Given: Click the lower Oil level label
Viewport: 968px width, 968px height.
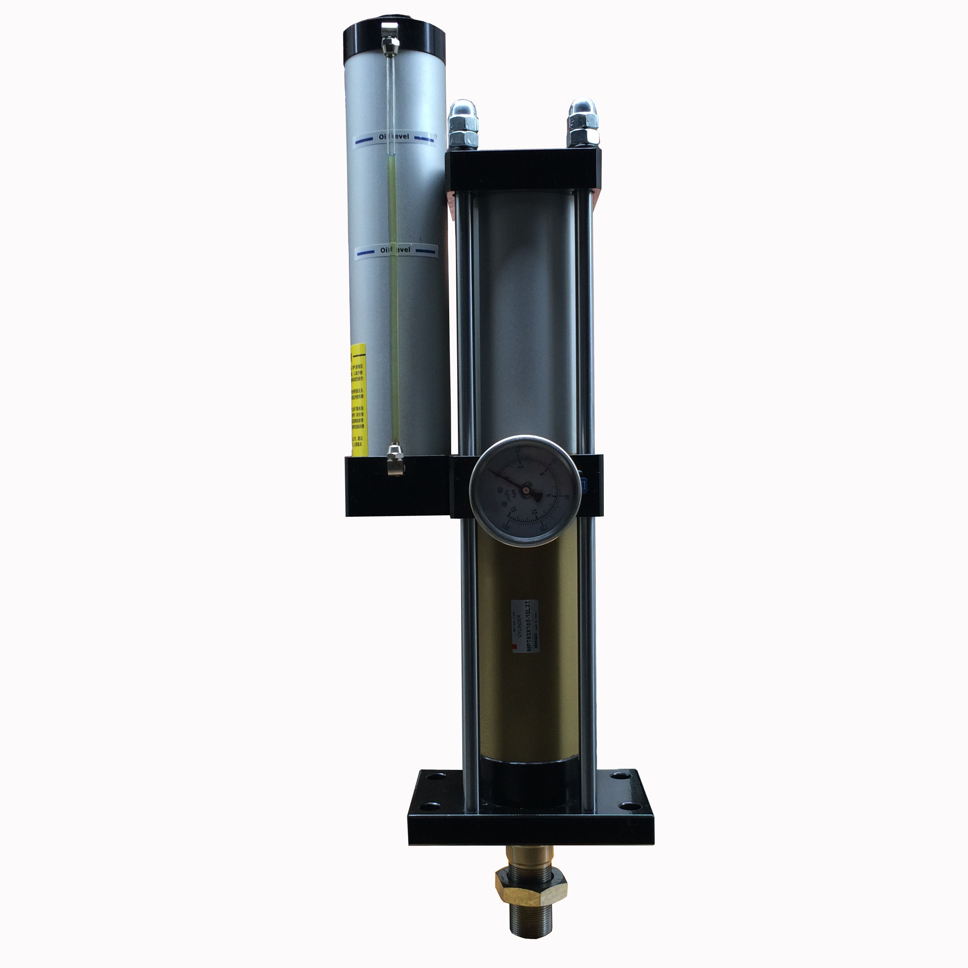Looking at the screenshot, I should (x=396, y=250).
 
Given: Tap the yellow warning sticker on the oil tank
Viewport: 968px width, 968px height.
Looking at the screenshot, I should (x=359, y=399).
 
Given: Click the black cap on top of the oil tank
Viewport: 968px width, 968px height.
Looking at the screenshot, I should (x=394, y=41).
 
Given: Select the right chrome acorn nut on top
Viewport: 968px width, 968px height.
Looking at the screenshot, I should (x=581, y=119).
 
